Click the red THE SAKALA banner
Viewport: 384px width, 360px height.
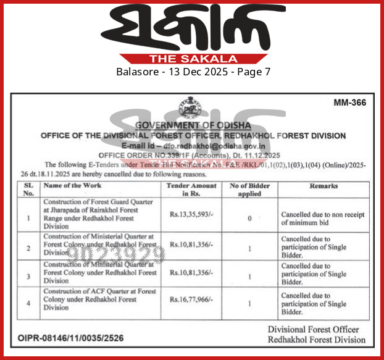tap(192, 59)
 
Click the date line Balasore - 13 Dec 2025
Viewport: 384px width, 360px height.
tap(192, 72)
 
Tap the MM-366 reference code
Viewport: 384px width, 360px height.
tap(349, 103)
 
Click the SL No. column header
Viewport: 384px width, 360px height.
tap(27, 189)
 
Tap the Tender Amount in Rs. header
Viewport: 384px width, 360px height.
tap(193, 189)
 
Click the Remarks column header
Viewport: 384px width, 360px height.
tap(324, 185)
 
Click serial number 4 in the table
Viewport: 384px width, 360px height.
tap(27, 303)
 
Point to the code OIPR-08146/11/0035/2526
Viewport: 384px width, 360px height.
tap(72, 338)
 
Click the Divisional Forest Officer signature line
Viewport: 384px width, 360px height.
tap(317, 330)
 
